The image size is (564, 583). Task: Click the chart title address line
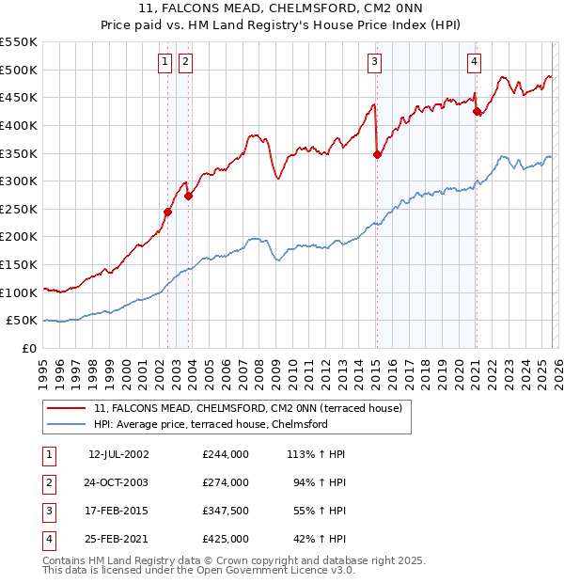tap(282, 10)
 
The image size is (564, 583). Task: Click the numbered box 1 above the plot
tap(165, 62)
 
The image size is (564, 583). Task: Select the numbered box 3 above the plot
tap(375, 62)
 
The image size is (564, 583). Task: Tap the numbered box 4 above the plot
tap(475, 62)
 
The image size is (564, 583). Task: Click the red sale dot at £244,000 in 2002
tap(168, 212)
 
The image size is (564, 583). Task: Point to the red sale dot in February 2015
tap(377, 154)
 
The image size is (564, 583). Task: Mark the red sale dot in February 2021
tap(477, 111)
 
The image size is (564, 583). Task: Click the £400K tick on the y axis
tap(19, 125)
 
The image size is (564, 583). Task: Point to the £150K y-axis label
tap(19, 264)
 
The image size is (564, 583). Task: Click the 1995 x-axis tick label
tap(43, 372)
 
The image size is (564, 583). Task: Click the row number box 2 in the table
tap(48, 482)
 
